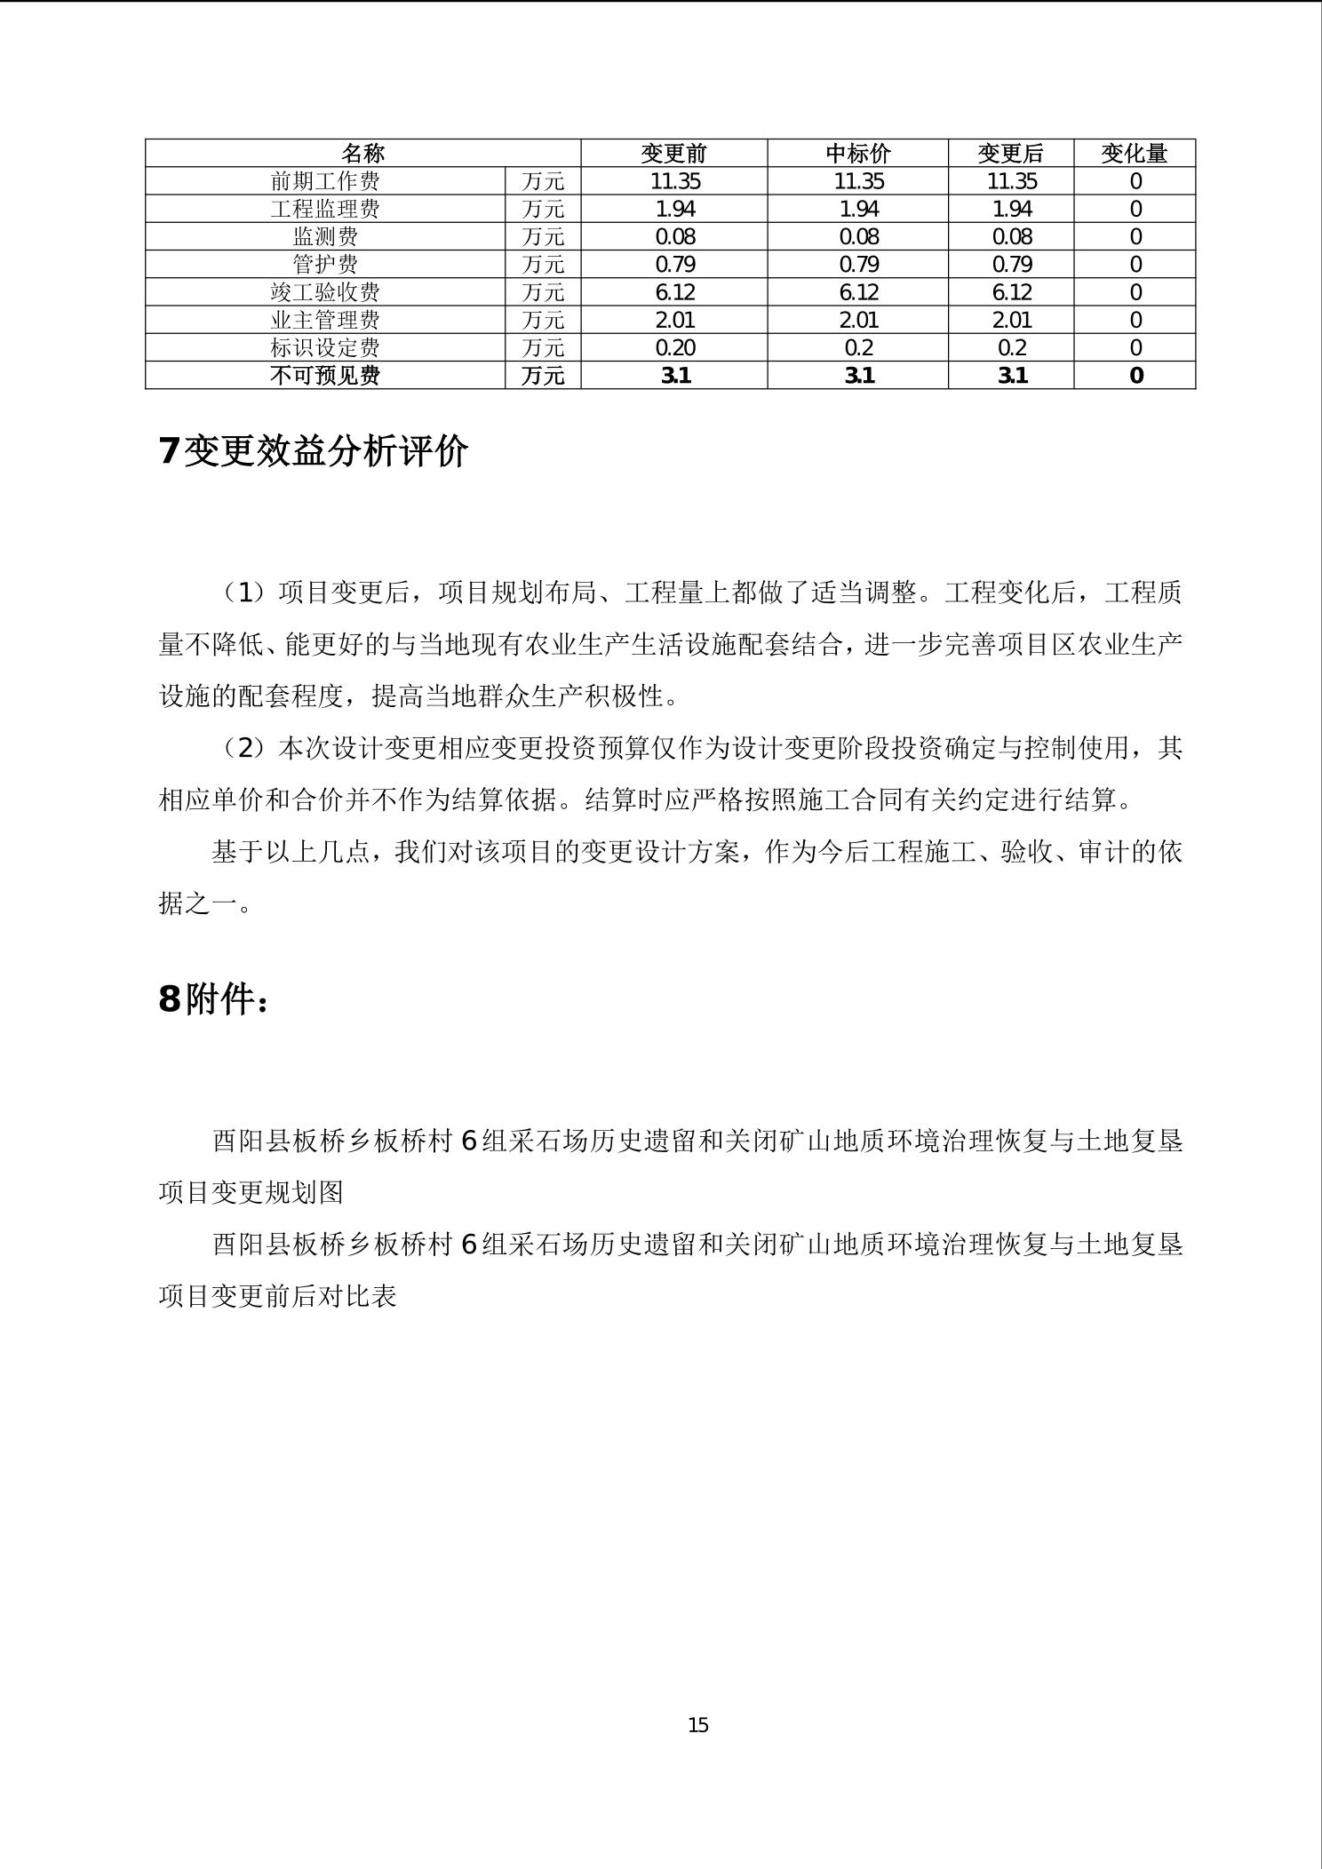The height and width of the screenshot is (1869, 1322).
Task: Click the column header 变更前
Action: [x=673, y=154]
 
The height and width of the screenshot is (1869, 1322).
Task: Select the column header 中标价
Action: [x=857, y=154]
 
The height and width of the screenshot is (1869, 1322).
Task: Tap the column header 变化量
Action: [x=1134, y=154]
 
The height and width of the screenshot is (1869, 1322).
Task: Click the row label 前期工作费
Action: [x=325, y=181]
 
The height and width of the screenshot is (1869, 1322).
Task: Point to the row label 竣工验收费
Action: [x=325, y=292]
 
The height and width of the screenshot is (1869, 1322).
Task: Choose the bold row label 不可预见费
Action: [x=325, y=376]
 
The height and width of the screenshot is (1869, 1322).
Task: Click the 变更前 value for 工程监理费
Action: [x=674, y=209]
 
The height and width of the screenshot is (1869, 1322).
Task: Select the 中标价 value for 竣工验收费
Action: [x=858, y=292]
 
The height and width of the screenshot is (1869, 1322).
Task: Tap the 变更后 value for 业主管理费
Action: [x=1011, y=320]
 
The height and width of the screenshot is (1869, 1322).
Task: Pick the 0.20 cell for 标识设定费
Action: [x=674, y=347]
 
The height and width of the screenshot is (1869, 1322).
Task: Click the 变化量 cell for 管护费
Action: [x=1135, y=265]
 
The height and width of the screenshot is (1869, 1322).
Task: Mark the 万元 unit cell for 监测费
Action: [x=543, y=237]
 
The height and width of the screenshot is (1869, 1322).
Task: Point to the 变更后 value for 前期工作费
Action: [x=1011, y=181]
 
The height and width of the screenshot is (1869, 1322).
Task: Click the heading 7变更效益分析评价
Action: [x=314, y=451]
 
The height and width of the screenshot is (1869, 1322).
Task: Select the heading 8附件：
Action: [x=213, y=999]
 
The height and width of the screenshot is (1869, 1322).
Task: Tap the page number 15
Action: [x=697, y=1725]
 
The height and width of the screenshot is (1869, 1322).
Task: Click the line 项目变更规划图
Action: [x=251, y=1192]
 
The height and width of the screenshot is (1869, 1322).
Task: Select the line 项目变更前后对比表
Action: [x=277, y=1296]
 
